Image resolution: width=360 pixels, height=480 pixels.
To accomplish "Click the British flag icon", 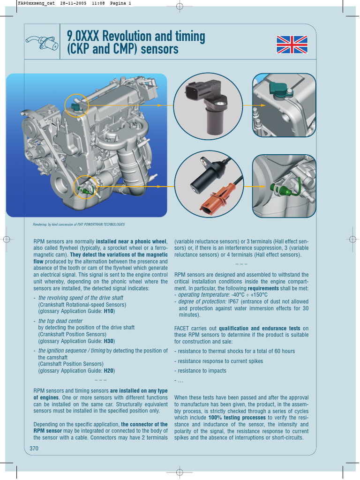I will tap(292, 45).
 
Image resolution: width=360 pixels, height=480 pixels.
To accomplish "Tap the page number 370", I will tap(34, 448).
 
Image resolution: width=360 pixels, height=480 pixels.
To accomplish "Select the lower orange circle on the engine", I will tap(86, 187).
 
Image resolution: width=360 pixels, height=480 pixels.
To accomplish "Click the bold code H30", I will tap(109, 341).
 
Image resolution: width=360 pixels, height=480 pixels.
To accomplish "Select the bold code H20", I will tap(109, 370).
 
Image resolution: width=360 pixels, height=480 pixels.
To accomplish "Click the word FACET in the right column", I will tap(183, 329).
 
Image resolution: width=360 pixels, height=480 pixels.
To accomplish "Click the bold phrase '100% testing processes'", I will tap(237, 417).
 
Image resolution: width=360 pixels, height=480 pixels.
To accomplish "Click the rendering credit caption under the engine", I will tap(79, 225).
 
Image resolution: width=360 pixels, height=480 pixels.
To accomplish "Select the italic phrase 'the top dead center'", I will tap(60, 321).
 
